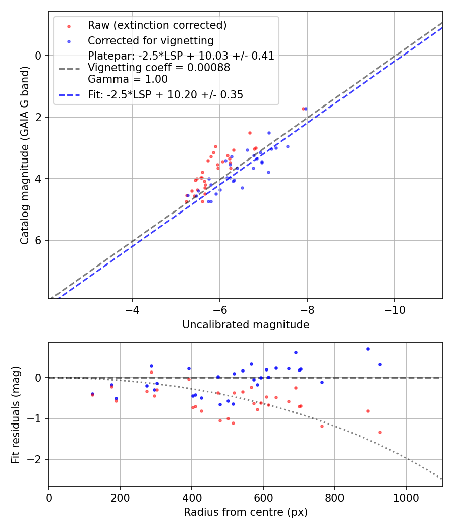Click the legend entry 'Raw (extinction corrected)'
click(157, 25)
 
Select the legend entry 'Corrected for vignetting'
click(151, 40)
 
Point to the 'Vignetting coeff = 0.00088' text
click(159, 68)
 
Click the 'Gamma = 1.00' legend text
click(128, 79)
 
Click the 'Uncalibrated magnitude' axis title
click(246, 325)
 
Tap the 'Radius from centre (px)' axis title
click(246, 512)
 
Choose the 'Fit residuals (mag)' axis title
click(16, 414)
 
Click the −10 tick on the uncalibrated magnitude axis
click(394, 307)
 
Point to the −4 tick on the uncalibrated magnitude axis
click(133, 307)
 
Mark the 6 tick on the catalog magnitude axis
click(39, 240)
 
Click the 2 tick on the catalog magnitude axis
click(39, 117)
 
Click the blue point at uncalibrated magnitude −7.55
click(288, 146)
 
